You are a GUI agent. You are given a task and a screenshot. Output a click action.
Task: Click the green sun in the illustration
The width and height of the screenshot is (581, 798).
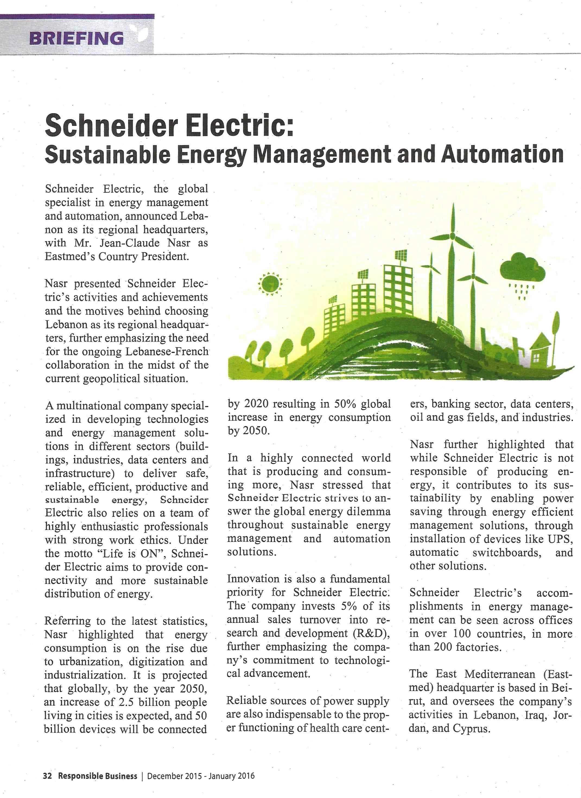click(x=270, y=283)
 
